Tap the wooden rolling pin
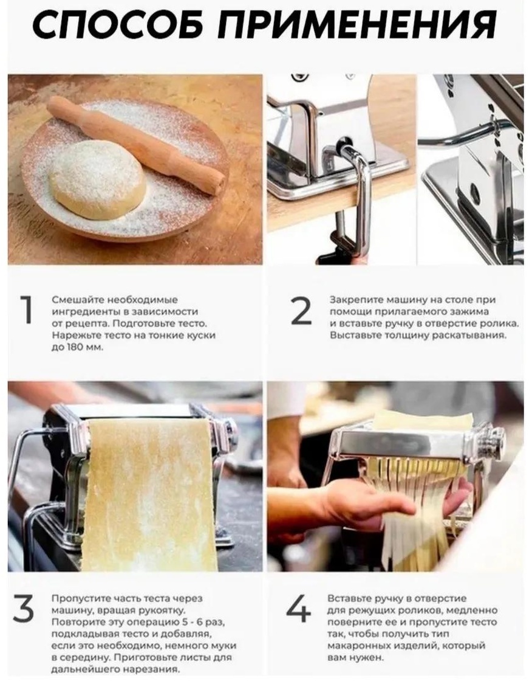click(x=135, y=145)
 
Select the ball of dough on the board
click(x=97, y=179)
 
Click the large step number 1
click(x=27, y=310)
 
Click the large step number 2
click(x=301, y=311)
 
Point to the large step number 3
click(x=24, y=609)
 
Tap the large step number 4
click(x=299, y=608)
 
